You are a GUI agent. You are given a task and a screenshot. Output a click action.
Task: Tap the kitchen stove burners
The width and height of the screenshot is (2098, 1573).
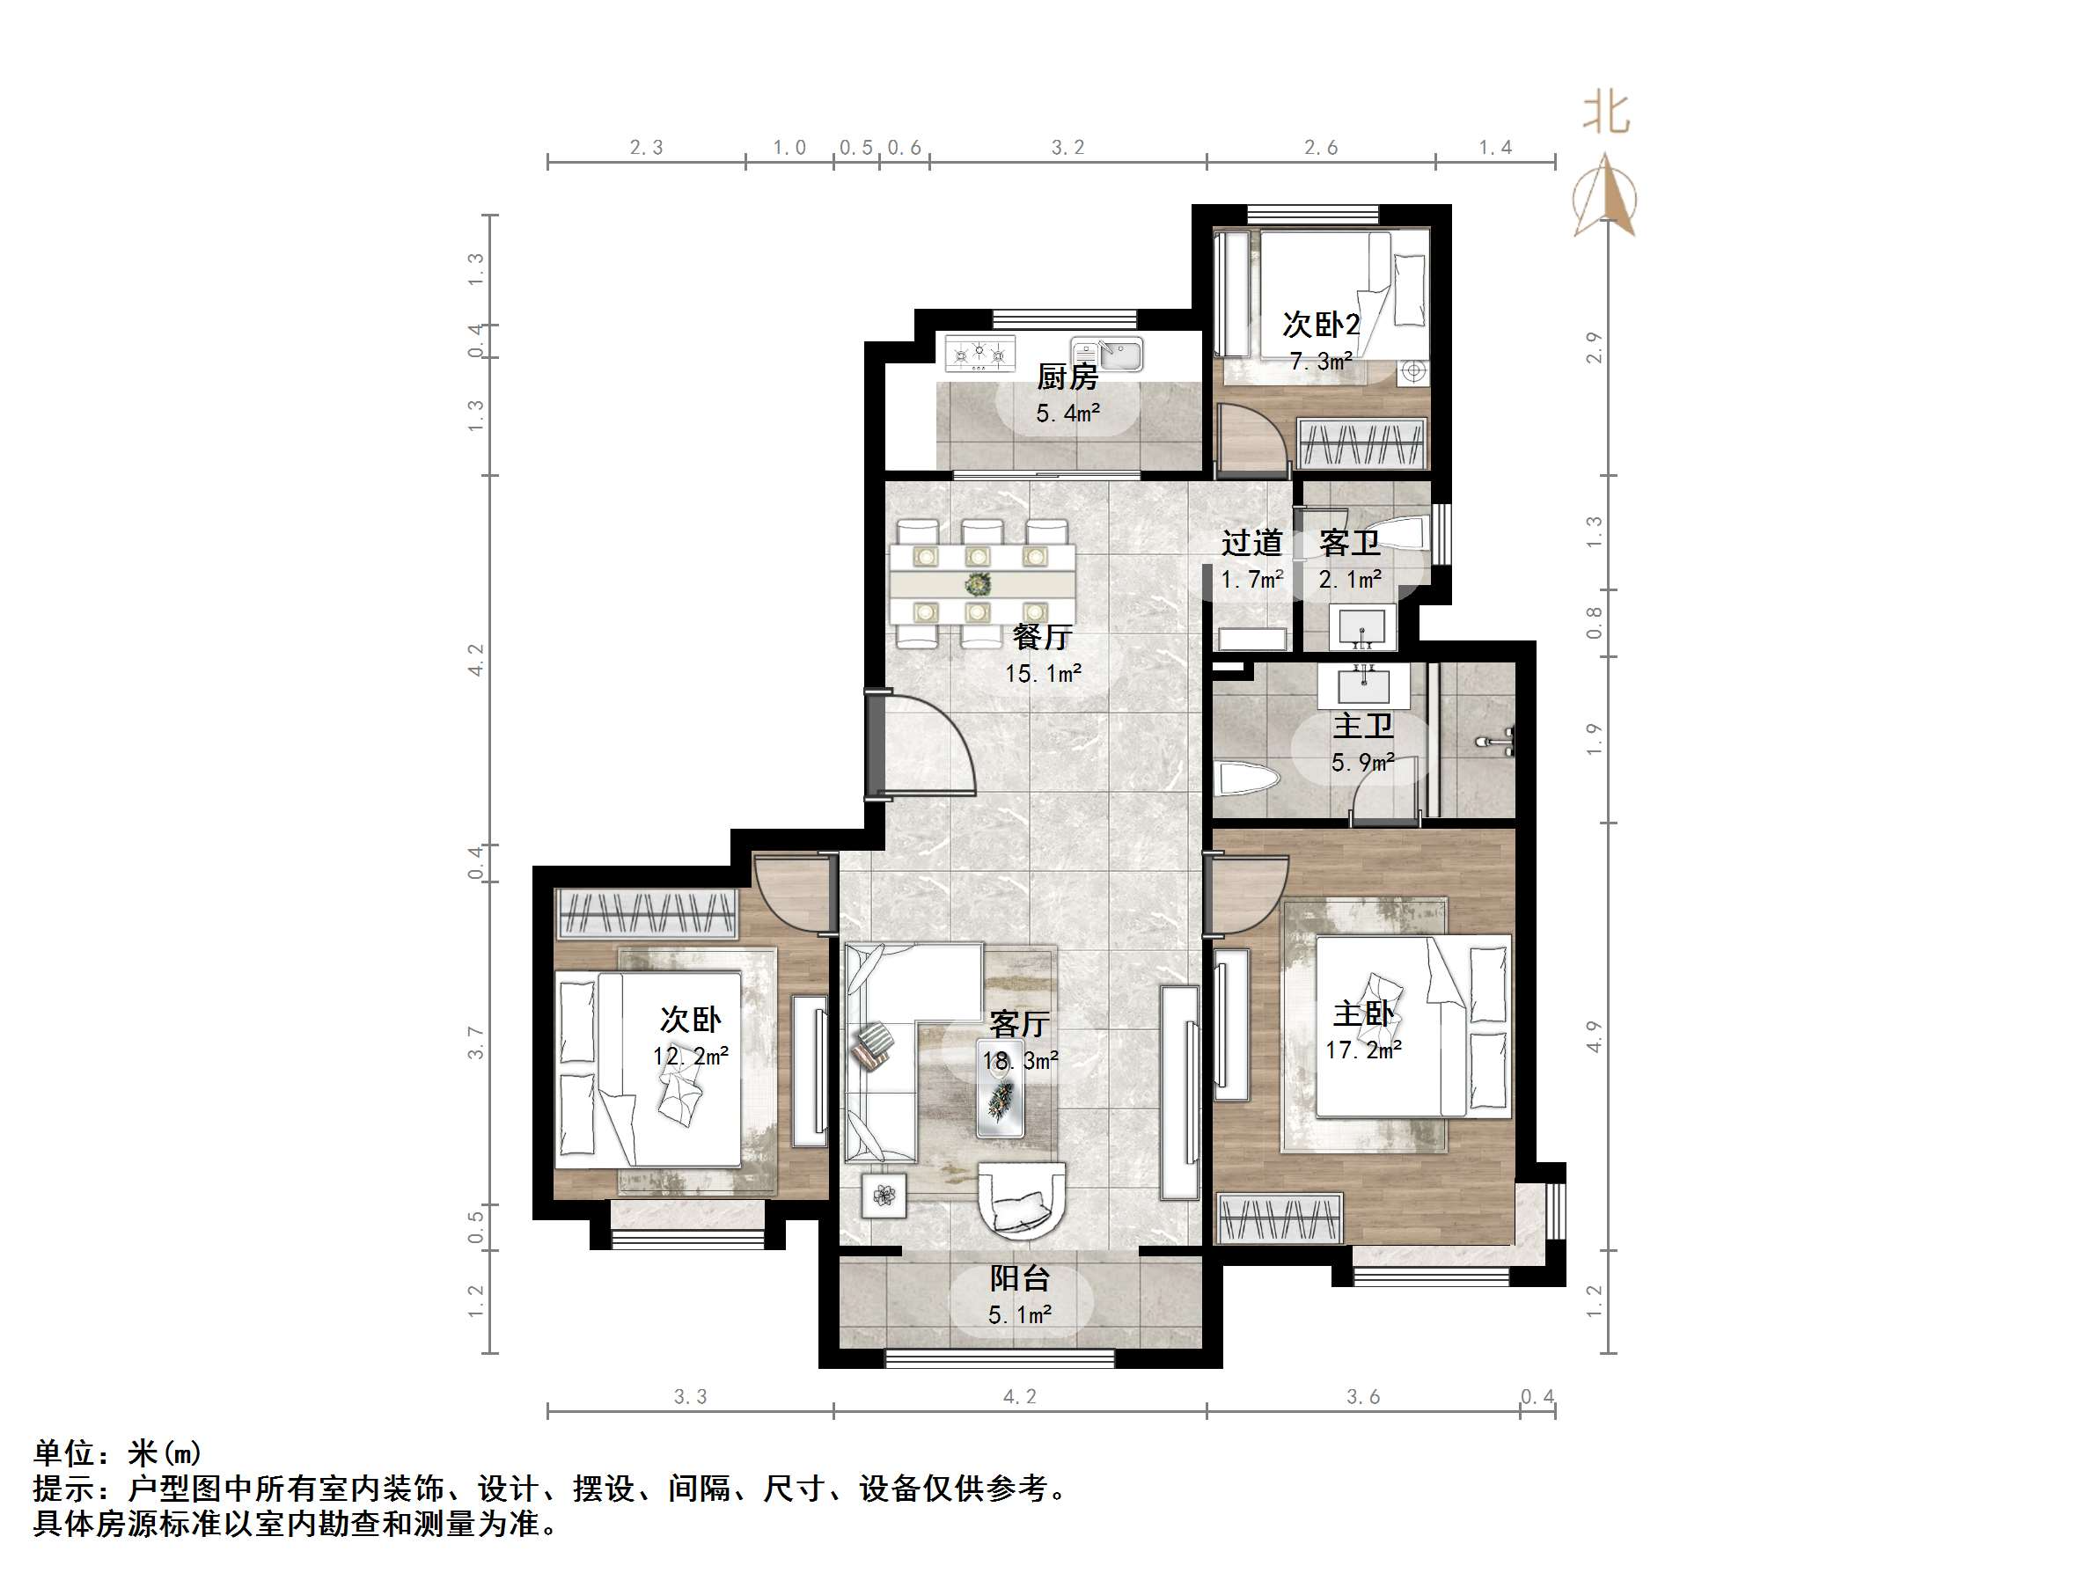(979, 355)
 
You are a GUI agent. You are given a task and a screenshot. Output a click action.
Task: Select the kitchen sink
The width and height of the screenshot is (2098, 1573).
(1107, 355)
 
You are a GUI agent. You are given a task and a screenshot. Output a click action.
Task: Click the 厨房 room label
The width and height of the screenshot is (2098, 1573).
(1067, 377)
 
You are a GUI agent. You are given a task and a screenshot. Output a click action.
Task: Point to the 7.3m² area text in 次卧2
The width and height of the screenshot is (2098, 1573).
(1321, 362)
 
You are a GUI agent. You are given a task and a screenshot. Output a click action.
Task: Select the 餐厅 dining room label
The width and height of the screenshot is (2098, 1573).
(1041, 636)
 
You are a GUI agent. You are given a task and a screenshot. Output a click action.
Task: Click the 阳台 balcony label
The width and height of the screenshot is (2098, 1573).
(1020, 1279)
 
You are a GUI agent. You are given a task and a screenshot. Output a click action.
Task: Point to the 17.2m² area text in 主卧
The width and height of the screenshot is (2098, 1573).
(1363, 1050)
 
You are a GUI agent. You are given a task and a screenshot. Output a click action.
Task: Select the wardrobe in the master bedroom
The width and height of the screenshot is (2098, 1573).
(1280, 1218)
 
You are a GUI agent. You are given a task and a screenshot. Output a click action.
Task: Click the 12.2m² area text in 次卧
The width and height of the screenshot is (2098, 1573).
(690, 1056)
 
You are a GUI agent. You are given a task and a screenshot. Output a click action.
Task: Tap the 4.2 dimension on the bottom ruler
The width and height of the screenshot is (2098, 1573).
(1020, 1397)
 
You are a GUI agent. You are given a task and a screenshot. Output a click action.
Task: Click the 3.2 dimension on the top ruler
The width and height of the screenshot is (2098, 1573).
(1067, 147)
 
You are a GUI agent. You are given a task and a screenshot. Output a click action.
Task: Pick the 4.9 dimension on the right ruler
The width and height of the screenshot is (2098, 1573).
(1594, 1035)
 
